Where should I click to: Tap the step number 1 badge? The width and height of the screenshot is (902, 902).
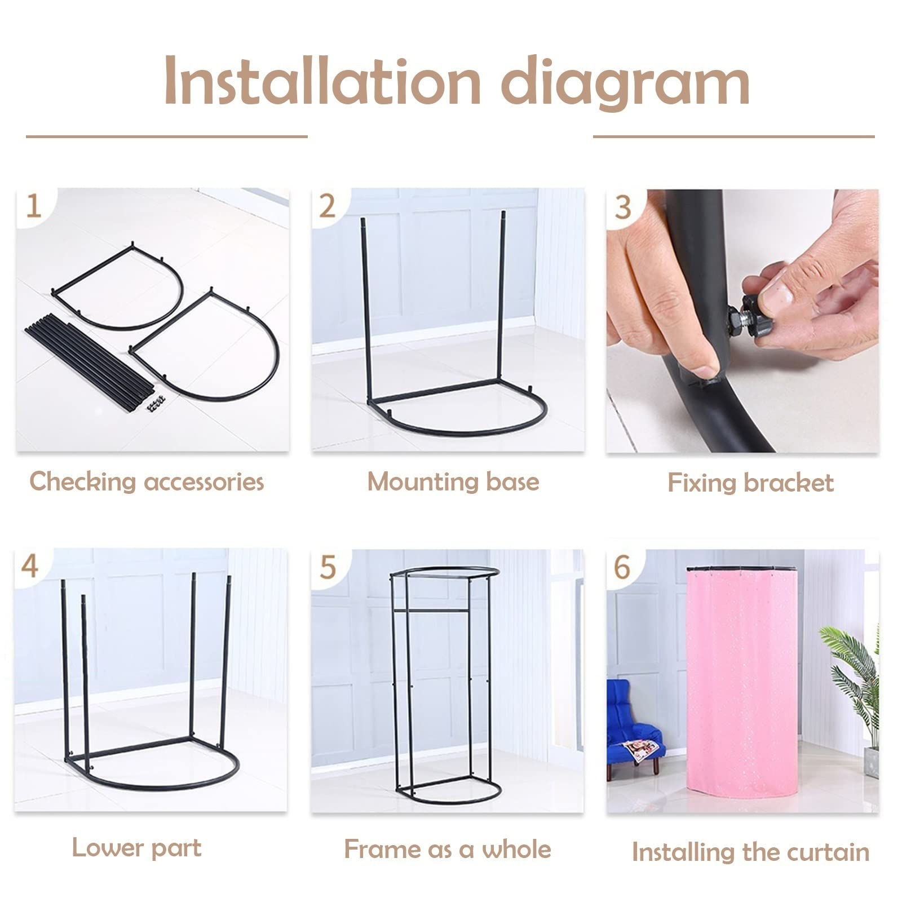coord(34,206)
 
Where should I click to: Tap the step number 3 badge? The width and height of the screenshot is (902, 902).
coord(622,207)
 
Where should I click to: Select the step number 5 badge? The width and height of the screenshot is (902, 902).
coord(328,567)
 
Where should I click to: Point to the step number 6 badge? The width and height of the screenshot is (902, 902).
coord(622,567)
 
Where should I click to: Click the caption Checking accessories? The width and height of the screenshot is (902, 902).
coord(147,482)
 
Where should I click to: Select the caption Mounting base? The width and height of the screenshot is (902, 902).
coord(453,482)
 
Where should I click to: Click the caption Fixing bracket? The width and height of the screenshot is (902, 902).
coord(750,483)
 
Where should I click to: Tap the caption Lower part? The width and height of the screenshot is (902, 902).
coord(136,848)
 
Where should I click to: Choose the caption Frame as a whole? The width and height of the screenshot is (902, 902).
coord(447,849)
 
